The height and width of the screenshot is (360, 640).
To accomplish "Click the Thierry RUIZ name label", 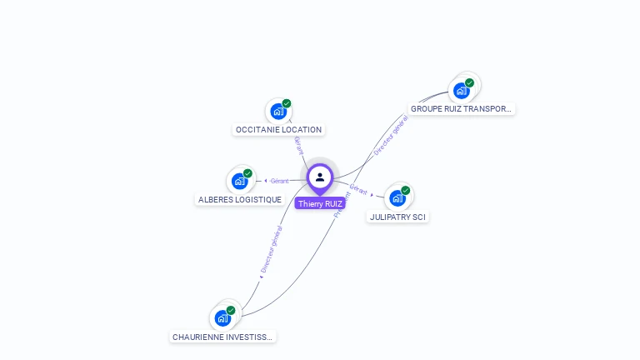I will [x=320, y=203].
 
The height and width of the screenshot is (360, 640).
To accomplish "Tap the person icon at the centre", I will [x=320, y=177].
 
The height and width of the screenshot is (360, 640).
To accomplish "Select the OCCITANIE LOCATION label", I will [x=278, y=130].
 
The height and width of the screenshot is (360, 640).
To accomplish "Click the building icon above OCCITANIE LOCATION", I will [x=278, y=111].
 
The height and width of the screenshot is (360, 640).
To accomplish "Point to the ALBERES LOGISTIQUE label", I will [x=240, y=200].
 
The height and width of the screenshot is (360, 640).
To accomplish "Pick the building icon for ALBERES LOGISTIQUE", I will [x=240, y=180].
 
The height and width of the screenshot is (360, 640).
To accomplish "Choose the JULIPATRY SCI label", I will [x=398, y=217].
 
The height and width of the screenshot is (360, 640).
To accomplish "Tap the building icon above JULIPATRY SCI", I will [x=397, y=197].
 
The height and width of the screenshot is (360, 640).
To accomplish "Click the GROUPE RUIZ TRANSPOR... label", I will [x=462, y=109].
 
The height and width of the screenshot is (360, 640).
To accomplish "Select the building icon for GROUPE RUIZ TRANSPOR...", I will [x=461, y=90].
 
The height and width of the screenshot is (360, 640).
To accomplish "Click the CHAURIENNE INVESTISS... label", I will [x=222, y=337].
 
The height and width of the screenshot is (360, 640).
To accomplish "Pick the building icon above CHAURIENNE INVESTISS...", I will [x=222, y=317].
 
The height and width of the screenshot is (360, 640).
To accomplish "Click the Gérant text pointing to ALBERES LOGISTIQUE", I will [x=279, y=181].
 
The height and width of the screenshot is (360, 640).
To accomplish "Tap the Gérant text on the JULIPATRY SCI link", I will [x=358, y=189].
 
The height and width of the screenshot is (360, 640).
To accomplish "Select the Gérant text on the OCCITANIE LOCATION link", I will [x=297, y=144].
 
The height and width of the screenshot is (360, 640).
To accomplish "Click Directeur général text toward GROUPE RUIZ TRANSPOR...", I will [x=390, y=135].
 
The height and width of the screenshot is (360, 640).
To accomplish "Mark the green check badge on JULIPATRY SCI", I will [x=406, y=190].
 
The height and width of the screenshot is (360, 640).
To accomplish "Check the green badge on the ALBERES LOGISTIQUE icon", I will [x=247, y=173].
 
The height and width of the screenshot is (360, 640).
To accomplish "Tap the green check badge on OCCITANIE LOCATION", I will [x=287, y=103].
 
